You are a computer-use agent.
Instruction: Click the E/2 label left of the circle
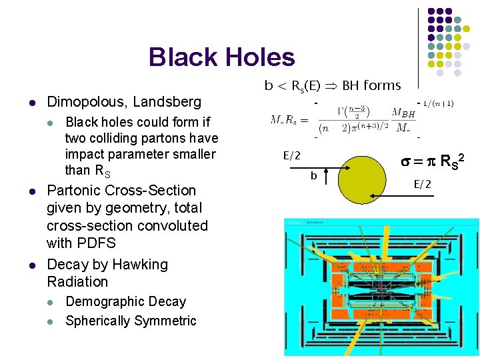coord(292,155)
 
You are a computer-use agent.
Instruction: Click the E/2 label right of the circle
coord(423,184)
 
